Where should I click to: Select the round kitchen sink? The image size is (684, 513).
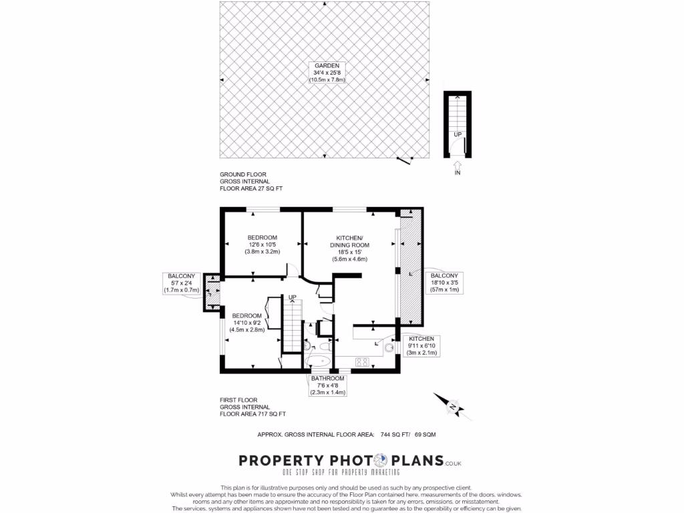click(389, 347)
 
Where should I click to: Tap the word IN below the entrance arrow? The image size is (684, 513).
click(458, 174)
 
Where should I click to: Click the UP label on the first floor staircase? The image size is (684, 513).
click(292, 297)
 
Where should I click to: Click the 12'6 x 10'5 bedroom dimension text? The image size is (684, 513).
click(263, 244)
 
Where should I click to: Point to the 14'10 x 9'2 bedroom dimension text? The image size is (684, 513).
click(248, 323)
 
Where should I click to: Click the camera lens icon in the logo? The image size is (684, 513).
click(380, 461)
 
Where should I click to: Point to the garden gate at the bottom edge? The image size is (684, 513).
click(403, 160)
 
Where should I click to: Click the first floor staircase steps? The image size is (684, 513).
click(292, 327)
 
